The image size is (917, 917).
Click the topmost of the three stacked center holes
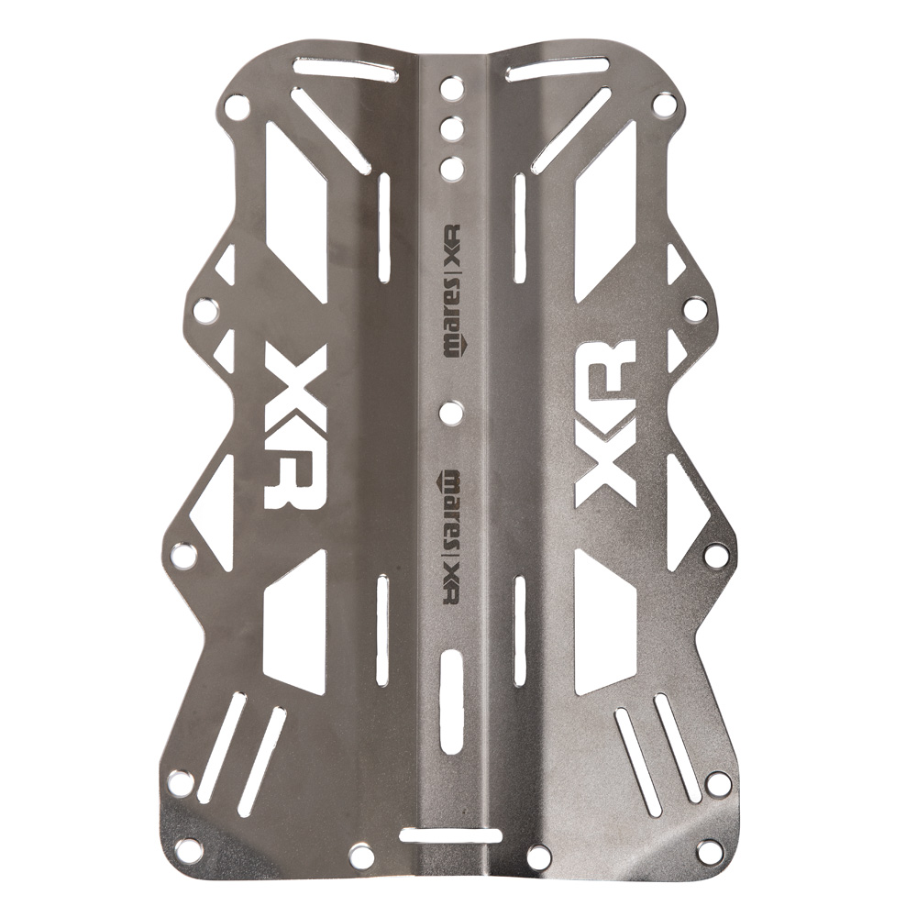pos(451,88)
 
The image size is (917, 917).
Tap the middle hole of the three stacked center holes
pos(451,127)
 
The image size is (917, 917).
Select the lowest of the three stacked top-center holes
pos(451,168)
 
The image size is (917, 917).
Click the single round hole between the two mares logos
pos(451,413)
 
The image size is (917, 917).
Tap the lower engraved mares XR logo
pos(450,536)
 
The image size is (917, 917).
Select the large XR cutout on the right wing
pos(605,422)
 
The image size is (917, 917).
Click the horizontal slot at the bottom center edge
pos(450,835)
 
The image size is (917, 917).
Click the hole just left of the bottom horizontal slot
pos(362,856)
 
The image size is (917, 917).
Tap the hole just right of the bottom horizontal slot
pos(539,856)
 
